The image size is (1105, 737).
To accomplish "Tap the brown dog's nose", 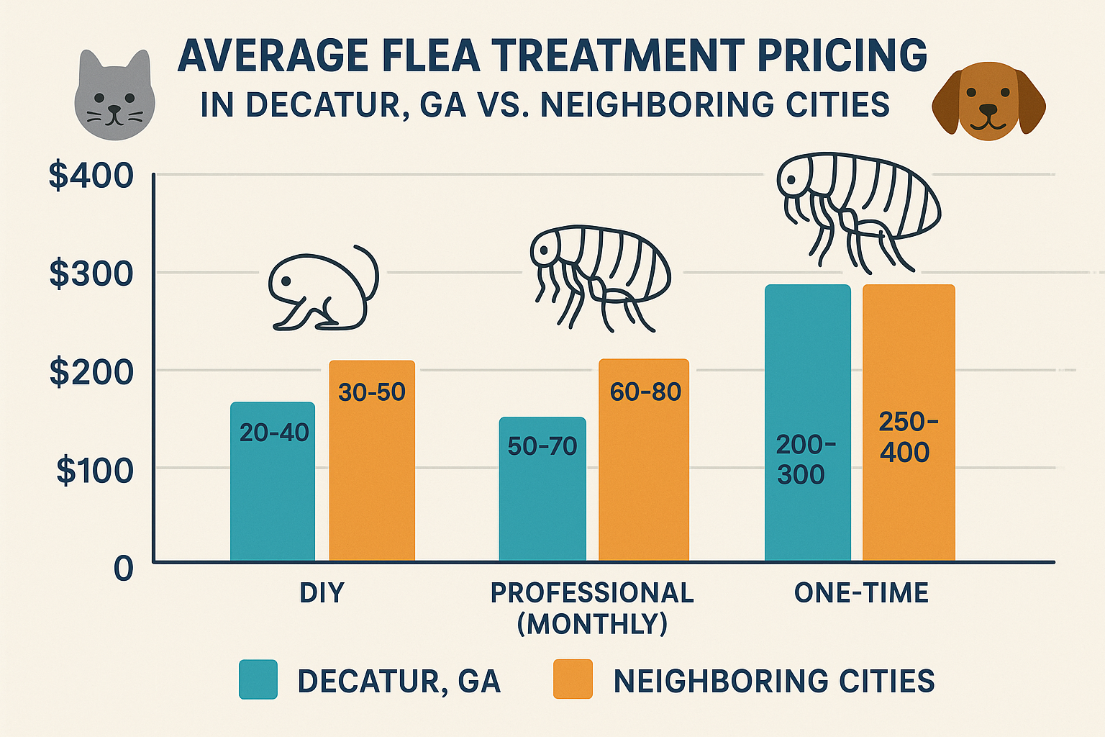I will [988, 110].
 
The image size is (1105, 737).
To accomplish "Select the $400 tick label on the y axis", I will [91, 176].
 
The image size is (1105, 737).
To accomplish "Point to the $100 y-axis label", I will [95, 471].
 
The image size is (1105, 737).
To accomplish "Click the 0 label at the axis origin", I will [124, 569].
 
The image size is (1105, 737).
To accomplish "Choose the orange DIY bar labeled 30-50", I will [372, 461].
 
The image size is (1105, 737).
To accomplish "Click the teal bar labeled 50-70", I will [542, 489].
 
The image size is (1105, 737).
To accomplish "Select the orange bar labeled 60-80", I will [644, 461].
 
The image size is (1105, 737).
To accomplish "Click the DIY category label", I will [322, 593].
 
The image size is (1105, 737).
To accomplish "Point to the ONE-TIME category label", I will [861, 593].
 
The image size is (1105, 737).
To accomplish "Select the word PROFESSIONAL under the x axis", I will [592, 593].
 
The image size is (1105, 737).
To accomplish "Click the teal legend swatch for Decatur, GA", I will [258, 679].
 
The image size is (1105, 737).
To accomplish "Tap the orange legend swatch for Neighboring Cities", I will [573, 679].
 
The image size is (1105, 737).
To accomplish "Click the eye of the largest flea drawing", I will [792, 181].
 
